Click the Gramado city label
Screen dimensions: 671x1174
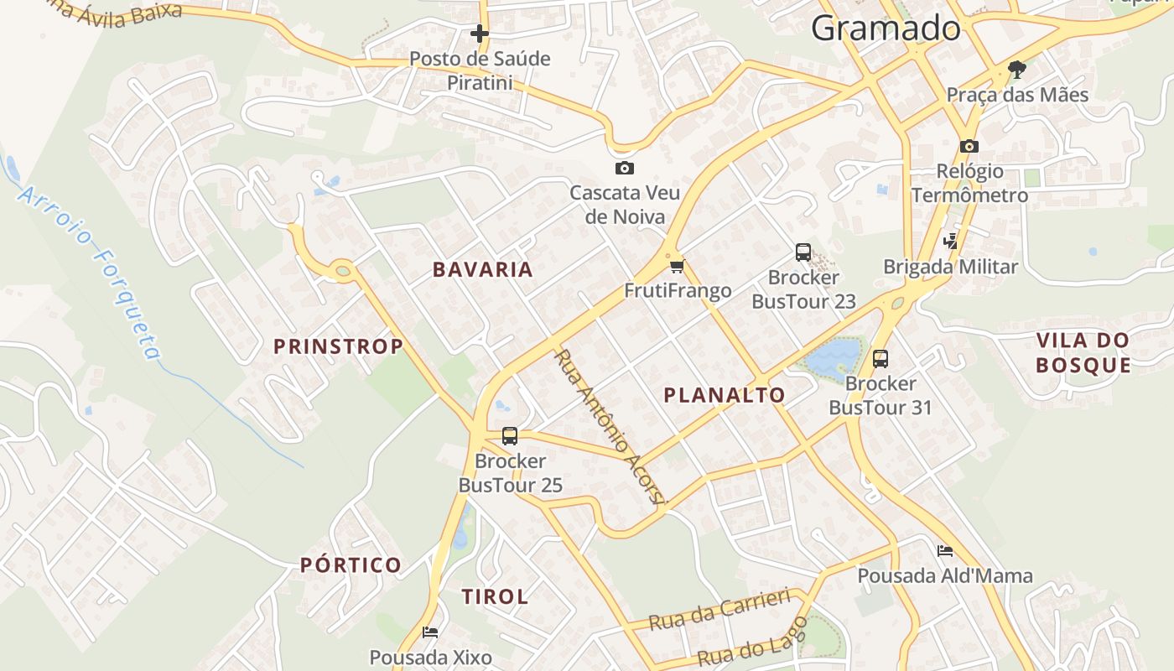tap(886, 29)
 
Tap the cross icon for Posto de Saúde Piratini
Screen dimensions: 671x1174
tap(480, 34)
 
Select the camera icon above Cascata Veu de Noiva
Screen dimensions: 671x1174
tap(624, 168)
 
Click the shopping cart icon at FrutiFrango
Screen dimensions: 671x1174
tap(677, 267)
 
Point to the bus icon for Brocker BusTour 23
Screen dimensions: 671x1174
tap(803, 252)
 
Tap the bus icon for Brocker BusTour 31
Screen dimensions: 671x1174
tap(880, 359)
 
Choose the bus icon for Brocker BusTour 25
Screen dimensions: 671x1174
tap(509, 436)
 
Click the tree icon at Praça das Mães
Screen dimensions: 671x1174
tap(1017, 69)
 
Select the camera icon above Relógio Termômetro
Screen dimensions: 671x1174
tap(969, 146)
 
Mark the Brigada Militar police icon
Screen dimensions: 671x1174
tap(950, 242)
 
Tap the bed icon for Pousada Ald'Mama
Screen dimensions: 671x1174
tap(945, 551)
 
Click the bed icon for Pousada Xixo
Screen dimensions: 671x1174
tap(430, 632)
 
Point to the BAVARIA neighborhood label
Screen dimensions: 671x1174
tap(483, 269)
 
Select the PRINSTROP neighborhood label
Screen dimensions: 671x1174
tap(338, 346)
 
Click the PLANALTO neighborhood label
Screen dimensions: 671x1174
tap(725, 395)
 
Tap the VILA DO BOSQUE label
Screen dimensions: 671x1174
tap(1083, 352)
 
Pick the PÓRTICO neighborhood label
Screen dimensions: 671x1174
tap(351, 564)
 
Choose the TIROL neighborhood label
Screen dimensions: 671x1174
tap(495, 596)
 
